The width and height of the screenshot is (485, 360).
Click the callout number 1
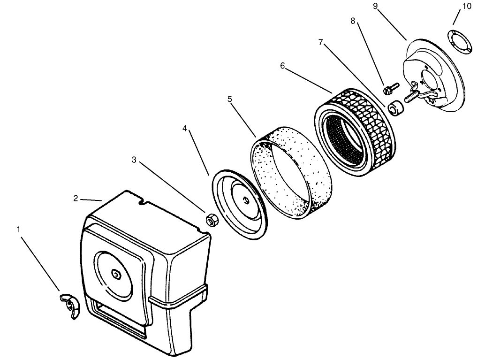[19, 229]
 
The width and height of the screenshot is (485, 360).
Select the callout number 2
[76, 198]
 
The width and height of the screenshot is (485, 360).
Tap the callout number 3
[134, 160]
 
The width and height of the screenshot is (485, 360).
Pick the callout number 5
[230, 99]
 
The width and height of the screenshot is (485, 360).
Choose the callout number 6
[282, 66]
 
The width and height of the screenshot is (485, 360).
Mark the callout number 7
[320, 42]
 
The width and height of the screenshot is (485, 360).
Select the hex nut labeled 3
[211, 219]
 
